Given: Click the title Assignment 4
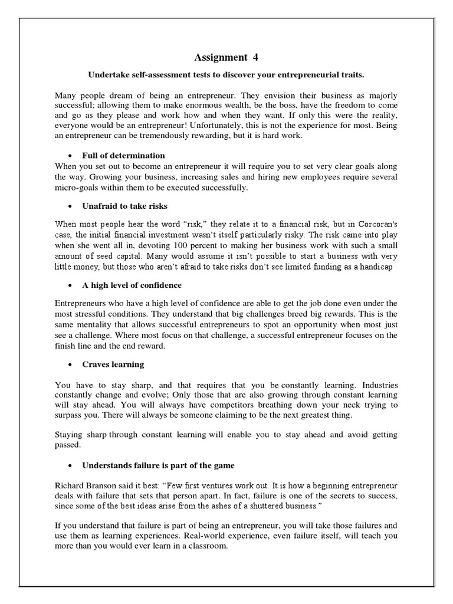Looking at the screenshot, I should click(x=226, y=57).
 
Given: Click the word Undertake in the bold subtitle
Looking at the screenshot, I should click(x=108, y=75).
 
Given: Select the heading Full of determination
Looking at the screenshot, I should click(x=123, y=156).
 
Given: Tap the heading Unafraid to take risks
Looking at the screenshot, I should click(x=124, y=206).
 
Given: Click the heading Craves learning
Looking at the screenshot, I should click(x=113, y=365).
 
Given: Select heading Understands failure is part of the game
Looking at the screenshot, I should click(x=158, y=465).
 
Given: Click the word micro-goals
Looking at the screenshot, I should click(x=75, y=188).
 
